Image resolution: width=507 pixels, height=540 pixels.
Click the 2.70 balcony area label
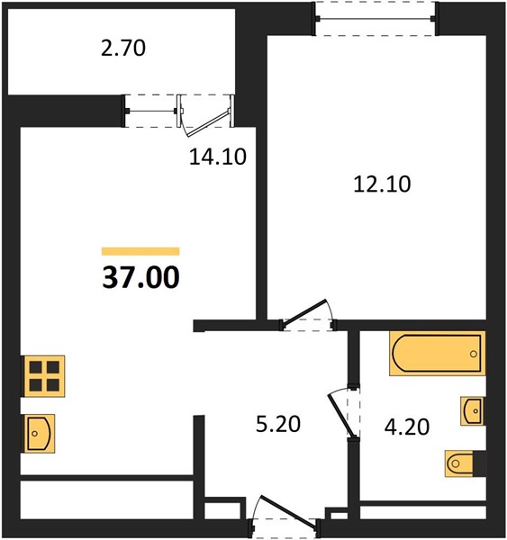[x=123, y=49]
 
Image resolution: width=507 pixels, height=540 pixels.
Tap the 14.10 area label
[x=218, y=157]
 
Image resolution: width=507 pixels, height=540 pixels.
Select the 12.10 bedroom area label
[x=382, y=184]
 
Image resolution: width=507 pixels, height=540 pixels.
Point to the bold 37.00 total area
[x=141, y=277]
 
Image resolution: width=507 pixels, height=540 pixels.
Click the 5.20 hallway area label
[x=278, y=424]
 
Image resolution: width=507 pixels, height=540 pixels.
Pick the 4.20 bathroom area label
[x=407, y=427]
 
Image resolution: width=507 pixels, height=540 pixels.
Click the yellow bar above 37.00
[x=140, y=251]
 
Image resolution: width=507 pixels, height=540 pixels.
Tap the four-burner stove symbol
[x=44, y=376]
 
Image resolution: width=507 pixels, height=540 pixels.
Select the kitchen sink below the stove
[x=40, y=434]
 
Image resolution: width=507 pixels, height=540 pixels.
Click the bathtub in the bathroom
[x=438, y=353]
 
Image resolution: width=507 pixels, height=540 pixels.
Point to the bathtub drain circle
[x=473, y=354]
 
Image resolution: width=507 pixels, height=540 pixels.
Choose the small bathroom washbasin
[x=472, y=411]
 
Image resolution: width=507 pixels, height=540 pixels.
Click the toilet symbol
[x=458, y=463]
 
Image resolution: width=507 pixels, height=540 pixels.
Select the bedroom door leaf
[x=303, y=311]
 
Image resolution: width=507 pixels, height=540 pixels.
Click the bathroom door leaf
[x=340, y=416]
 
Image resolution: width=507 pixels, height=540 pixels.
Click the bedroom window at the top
[x=376, y=18]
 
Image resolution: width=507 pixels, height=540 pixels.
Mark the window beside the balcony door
[x=151, y=112]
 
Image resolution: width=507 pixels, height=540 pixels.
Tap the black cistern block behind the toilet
[x=479, y=463]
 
